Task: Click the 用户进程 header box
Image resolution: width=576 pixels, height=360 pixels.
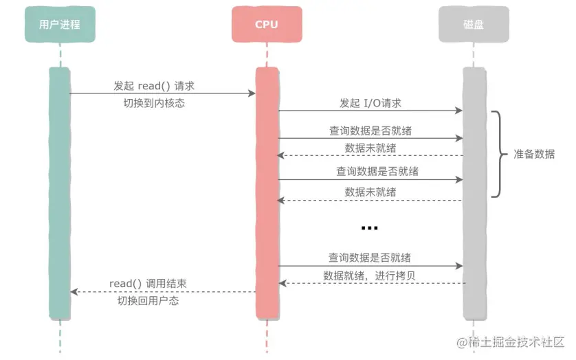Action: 60,25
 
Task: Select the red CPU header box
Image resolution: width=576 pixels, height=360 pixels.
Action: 267,25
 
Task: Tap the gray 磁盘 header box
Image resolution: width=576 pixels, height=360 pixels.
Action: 473,25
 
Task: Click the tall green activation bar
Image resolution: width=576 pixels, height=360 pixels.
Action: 60,192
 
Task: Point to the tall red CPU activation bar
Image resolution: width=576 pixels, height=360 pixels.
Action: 267,192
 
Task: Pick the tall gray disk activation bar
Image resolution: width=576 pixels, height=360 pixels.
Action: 473,192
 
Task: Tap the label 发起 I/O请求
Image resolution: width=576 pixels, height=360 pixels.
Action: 370,103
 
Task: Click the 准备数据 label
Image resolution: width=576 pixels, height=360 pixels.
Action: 534,154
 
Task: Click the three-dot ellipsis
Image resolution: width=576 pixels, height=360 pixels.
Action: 369,227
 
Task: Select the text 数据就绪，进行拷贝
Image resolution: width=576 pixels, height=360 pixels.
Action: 370,275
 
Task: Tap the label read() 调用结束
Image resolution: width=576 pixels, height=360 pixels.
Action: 148,284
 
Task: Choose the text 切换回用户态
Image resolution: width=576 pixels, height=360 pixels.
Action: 148,301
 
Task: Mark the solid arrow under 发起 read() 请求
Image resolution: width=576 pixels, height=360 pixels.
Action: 162,94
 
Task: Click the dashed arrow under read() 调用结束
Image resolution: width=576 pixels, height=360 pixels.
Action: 162,292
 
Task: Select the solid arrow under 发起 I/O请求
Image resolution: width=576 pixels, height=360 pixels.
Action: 370,111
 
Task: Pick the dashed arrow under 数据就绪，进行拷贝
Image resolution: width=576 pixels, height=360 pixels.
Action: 370,284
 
